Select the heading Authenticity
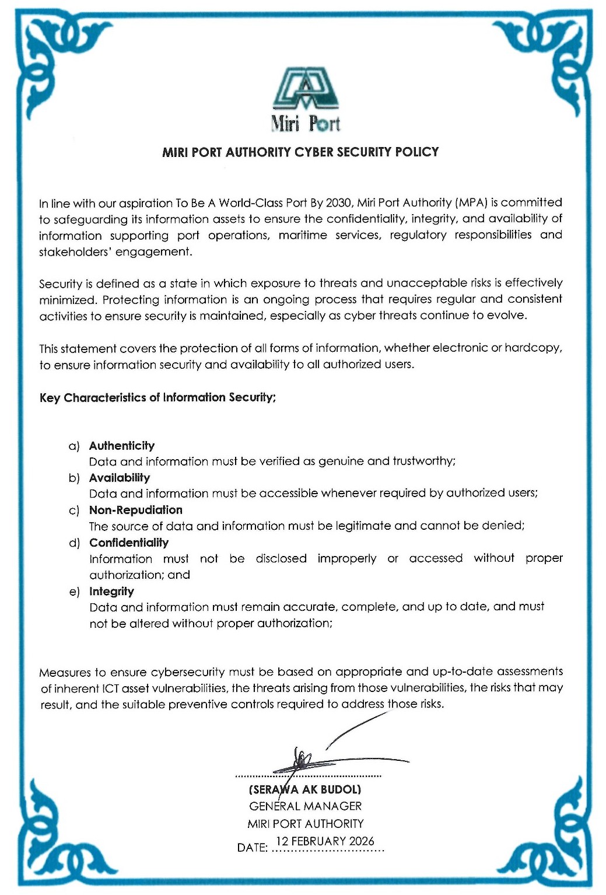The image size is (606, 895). [122, 446]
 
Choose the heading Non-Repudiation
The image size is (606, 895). [136, 510]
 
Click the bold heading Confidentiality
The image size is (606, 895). [129, 543]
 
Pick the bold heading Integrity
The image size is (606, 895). [111, 592]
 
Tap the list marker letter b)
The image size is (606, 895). [74, 478]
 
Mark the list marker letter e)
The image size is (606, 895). [74, 592]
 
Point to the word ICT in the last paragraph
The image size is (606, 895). [111, 688]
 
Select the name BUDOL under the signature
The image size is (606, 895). [340, 790]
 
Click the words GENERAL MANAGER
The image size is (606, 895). [305, 806]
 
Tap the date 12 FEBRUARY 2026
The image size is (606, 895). [325, 841]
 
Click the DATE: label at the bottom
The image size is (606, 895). [253, 848]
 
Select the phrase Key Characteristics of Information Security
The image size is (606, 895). [157, 398]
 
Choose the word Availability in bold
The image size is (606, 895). [120, 478]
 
